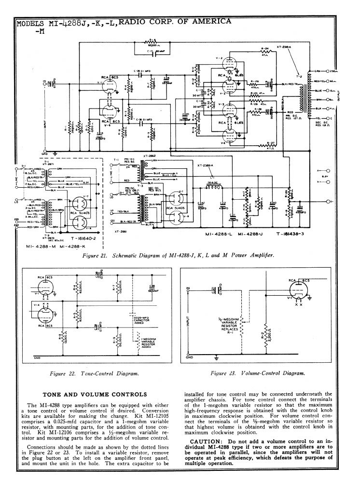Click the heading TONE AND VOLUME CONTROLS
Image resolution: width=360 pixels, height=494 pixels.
[x=95, y=394]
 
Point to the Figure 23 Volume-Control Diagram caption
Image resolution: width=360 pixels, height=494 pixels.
[x=259, y=373]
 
